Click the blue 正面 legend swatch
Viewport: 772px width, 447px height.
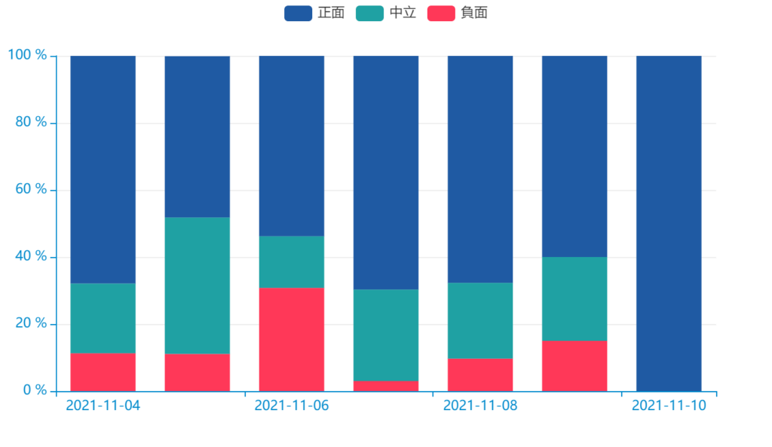[x=298, y=13]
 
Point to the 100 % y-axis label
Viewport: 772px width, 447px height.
[x=27, y=55]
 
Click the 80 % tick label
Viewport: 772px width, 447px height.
[x=31, y=122]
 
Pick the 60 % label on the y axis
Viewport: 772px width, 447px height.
[x=31, y=189]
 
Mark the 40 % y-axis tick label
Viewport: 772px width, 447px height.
[x=31, y=256]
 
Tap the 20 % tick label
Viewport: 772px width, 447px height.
[x=31, y=323]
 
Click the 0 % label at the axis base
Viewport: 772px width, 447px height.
[x=35, y=390]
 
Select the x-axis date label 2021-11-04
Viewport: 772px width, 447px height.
[x=103, y=406]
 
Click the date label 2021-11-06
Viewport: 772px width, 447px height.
[x=291, y=406]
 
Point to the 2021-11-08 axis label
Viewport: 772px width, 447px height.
[x=479, y=406]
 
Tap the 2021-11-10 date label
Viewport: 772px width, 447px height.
[x=669, y=406]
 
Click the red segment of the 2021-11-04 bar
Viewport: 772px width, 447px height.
[x=103, y=372]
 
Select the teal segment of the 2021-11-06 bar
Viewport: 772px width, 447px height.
[x=291, y=262]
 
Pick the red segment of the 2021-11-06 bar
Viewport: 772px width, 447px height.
[x=291, y=339]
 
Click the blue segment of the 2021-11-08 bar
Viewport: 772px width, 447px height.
[x=480, y=169]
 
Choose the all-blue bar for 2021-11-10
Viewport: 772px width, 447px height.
[x=669, y=222]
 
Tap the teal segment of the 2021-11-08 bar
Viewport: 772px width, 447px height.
[x=480, y=320]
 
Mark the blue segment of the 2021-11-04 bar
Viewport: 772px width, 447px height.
[x=103, y=169]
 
